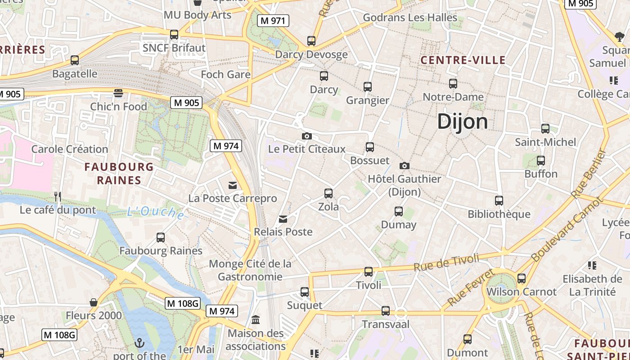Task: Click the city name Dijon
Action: (462, 121)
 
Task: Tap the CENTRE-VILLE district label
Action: (463, 60)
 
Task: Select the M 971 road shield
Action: (273, 20)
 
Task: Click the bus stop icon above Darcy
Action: (324, 76)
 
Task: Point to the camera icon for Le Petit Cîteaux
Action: (306, 136)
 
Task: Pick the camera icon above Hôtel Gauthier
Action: (404, 166)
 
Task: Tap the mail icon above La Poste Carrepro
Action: (233, 185)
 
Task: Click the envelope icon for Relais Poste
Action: (283, 219)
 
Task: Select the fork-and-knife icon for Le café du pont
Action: (58, 197)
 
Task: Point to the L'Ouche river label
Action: (155, 212)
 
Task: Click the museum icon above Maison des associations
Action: (256, 320)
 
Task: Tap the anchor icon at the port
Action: (139, 343)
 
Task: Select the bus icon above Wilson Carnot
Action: (521, 279)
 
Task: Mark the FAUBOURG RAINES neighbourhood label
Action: (119, 174)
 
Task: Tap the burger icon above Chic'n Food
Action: (118, 93)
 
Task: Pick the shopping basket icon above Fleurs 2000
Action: (94, 302)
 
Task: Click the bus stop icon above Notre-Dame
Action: (453, 84)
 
